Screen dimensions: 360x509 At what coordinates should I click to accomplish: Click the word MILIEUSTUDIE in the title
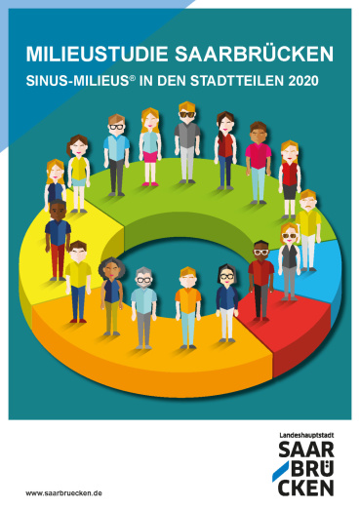(97, 54)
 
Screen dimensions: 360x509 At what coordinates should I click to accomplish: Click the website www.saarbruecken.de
(63, 493)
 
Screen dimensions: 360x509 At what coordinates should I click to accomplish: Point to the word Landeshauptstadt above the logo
(306, 435)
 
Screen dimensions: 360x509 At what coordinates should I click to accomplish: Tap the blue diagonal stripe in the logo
(280, 471)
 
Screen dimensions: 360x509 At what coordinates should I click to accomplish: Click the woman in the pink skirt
(150, 147)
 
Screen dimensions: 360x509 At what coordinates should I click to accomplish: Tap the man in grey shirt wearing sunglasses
(187, 142)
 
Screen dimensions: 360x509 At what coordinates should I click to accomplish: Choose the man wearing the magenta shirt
(259, 163)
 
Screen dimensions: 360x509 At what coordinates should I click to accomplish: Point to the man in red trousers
(58, 240)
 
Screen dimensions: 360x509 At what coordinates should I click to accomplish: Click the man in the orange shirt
(188, 307)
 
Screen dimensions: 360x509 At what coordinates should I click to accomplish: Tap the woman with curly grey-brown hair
(111, 296)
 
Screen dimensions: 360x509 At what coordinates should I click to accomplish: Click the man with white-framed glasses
(261, 281)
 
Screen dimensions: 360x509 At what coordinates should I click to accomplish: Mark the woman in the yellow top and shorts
(79, 174)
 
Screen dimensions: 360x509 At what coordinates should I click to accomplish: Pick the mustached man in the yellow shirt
(308, 230)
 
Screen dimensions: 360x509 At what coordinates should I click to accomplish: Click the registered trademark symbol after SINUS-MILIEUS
(133, 78)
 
